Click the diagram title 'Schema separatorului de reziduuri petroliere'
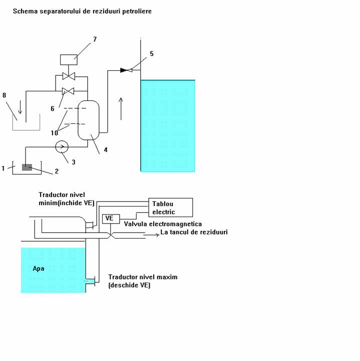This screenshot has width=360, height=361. (x=82, y=11)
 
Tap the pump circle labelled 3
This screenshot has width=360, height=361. (x=62, y=146)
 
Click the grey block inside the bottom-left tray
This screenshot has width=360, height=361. (x=27, y=167)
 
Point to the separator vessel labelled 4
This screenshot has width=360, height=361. (x=88, y=120)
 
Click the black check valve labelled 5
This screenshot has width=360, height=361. (x=125, y=70)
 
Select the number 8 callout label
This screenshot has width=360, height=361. (x=5, y=95)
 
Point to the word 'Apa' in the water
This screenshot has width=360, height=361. (x=39, y=268)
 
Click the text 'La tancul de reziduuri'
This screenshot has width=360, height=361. (x=194, y=232)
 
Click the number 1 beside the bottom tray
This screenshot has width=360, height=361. (x=3, y=168)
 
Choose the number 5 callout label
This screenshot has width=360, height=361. (x=152, y=53)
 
